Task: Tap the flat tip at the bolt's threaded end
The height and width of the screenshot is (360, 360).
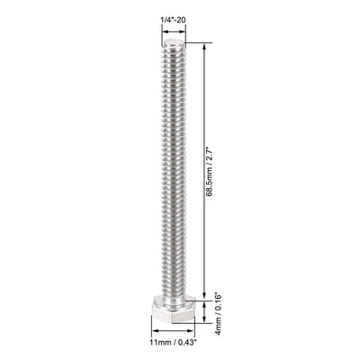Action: pyautogui.click(x=175, y=42)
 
